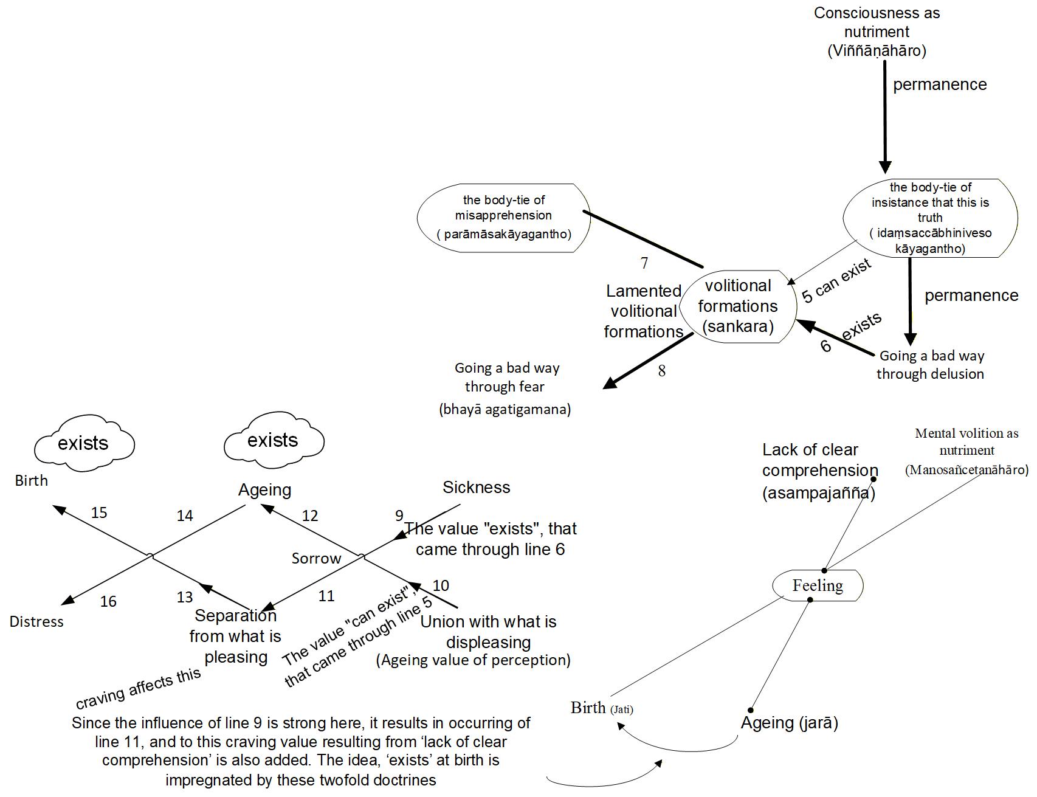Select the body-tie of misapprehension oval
503,217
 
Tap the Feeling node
818,585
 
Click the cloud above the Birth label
83,444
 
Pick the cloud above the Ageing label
273,440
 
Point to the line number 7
644,263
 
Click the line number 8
662,371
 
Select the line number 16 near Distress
108,601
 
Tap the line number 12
310,516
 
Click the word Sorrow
316,559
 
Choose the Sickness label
476,487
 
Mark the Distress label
36,621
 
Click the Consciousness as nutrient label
877,32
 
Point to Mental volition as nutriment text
966,451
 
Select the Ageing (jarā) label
789,723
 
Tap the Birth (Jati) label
601,708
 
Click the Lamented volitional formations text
643,311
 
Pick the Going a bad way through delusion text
931,365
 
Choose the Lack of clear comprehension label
819,471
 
